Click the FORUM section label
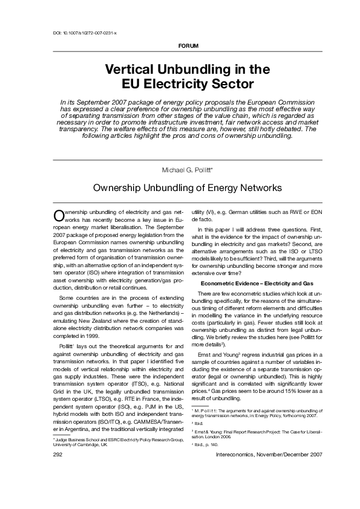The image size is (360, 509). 189,47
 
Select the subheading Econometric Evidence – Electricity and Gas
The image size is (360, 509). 256,283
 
